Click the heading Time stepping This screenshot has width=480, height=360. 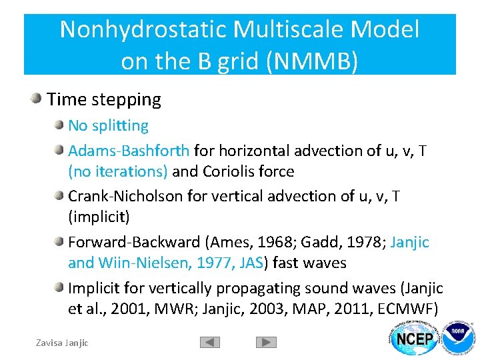click(x=104, y=100)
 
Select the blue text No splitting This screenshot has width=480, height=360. click(x=108, y=125)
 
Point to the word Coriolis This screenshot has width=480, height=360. click(x=230, y=171)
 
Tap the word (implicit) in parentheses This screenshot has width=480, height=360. click(x=99, y=217)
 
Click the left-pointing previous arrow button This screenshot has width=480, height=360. click(x=210, y=342)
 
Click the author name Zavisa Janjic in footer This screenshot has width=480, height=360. click(x=61, y=343)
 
